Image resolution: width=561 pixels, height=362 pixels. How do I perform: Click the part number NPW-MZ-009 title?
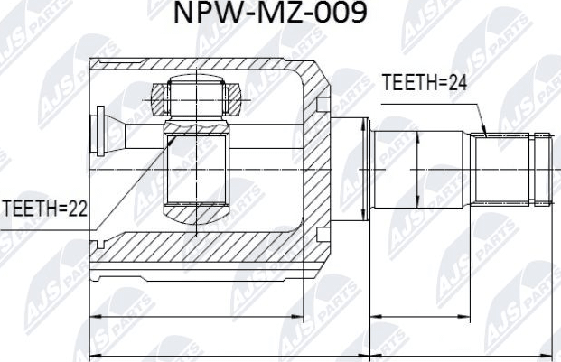pyautogui.click(x=281, y=15)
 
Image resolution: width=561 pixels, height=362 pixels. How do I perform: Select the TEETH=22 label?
pyautogui.click(x=44, y=209)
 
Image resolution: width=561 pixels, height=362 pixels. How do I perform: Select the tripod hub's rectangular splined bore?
pyautogui.click(x=195, y=172)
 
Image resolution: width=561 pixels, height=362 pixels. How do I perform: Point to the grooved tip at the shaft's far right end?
pyautogui.click(x=541, y=168)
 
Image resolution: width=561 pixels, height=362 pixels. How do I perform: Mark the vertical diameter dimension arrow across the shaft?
pyautogui.click(x=416, y=168)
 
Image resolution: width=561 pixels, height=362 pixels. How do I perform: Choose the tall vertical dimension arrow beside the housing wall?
pyautogui.click(x=362, y=168)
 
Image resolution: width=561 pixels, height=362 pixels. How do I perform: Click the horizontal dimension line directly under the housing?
pyautogui.click(x=198, y=319)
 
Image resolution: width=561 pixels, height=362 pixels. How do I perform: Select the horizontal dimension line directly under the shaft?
pyautogui.click(x=460, y=319)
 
